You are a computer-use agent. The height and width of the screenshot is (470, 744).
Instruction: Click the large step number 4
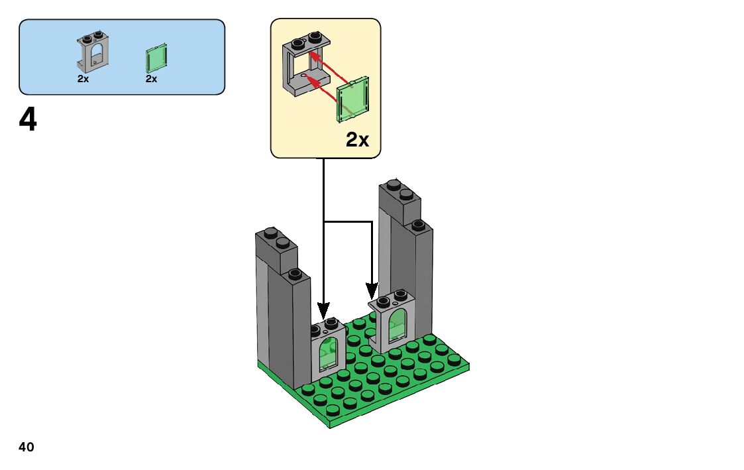pyautogui.click(x=28, y=121)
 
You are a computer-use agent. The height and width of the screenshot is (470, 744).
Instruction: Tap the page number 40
pyautogui.click(x=27, y=447)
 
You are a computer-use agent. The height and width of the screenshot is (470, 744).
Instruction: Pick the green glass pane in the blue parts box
pyautogui.click(x=156, y=58)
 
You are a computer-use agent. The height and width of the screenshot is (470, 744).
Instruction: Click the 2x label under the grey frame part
pyautogui.click(x=83, y=78)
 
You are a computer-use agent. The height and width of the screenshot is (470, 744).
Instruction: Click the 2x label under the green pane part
pyautogui.click(x=152, y=78)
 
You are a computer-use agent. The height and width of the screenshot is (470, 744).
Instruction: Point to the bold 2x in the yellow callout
pyautogui.click(x=358, y=140)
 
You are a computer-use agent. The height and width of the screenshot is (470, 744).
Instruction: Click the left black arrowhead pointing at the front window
pyautogui.click(x=323, y=310)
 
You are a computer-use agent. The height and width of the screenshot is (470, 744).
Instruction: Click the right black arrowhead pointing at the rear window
pyautogui.click(x=372, y=290)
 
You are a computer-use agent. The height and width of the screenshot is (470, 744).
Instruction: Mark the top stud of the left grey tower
pyautogui.click(x=270, y=233)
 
